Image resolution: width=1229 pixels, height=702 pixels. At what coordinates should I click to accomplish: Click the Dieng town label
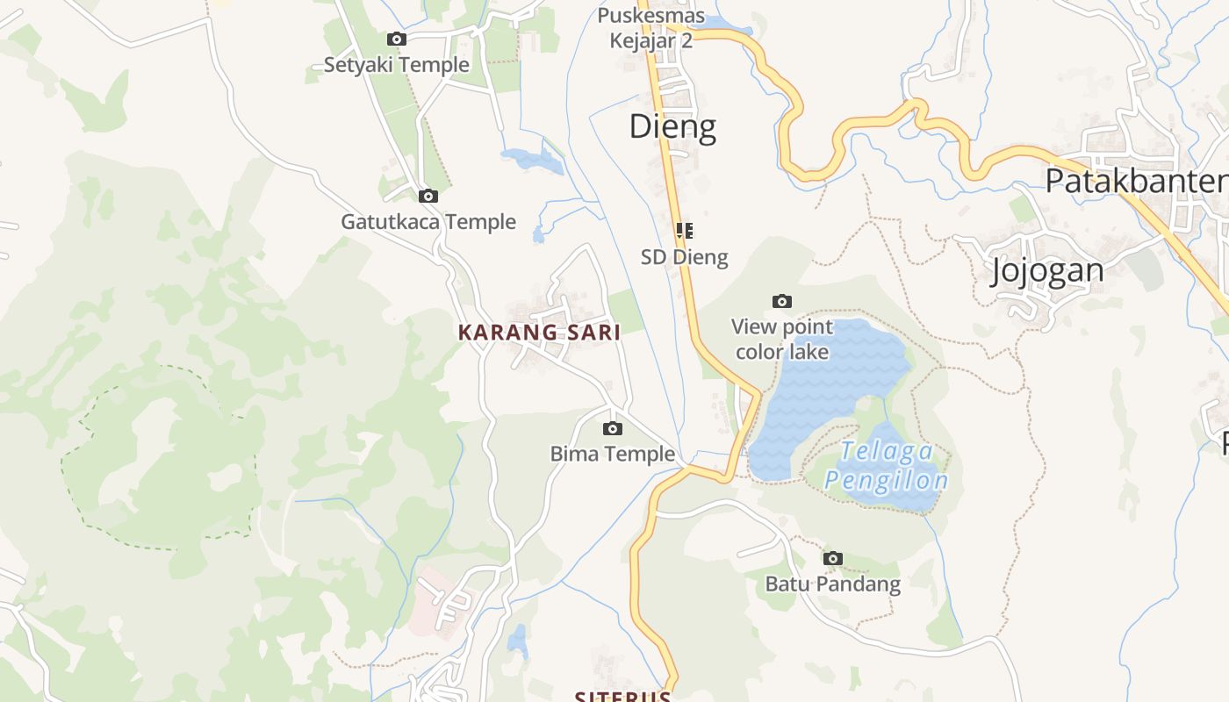[672, 127]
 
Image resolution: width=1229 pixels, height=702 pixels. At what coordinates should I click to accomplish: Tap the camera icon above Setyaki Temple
[397, 39]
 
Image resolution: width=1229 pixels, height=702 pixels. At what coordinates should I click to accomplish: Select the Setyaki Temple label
[397, 65]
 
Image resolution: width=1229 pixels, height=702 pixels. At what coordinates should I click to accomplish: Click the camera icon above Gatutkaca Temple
[428, 196]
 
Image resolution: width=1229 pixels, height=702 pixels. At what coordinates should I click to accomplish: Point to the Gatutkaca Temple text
[428, 222]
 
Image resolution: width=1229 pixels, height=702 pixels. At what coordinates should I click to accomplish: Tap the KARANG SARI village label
[539, 333]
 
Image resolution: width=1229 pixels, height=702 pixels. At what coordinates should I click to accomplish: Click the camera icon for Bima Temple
[613, 428]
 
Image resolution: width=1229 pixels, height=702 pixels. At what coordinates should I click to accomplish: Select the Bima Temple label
[613, 455]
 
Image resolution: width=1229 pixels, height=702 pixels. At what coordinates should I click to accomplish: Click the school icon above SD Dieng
[685, 231]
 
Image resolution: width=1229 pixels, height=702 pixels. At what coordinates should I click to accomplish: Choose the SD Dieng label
[685, 257]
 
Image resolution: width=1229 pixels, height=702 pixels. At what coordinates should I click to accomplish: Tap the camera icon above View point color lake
[782, 301]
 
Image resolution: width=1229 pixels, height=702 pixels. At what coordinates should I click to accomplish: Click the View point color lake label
[782, 340]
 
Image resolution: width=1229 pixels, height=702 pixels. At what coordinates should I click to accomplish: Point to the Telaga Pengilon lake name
[887, 466]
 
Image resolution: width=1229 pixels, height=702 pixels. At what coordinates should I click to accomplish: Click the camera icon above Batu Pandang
[833, 558]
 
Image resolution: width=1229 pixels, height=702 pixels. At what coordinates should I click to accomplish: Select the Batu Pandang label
[833, 584]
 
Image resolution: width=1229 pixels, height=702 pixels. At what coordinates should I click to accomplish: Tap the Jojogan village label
[1047, 270]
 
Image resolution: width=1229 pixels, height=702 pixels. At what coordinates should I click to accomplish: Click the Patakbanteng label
[1136, 181]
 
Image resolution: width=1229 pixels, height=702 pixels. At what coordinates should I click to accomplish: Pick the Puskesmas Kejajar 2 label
[651, 28]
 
